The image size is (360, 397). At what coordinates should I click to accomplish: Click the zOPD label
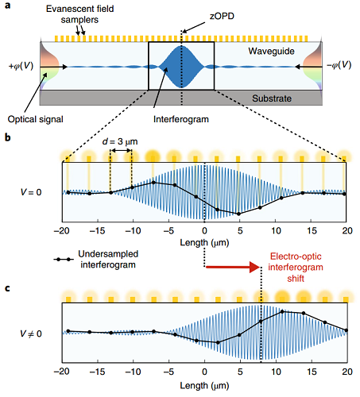(222, 17)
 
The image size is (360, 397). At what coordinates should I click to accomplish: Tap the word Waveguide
(271, 51)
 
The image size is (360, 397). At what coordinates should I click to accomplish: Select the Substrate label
(272, 98)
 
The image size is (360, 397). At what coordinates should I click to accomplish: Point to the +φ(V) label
(21, 66)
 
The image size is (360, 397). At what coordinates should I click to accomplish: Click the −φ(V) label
(339, 65)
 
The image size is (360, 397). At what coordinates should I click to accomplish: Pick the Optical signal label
(36, 119)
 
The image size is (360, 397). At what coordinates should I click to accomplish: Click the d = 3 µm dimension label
(120, 141)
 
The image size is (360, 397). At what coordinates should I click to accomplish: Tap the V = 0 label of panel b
(31, 192)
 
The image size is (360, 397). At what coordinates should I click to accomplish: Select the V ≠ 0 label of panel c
(31, 333)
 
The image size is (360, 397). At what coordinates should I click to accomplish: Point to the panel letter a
(8, 6)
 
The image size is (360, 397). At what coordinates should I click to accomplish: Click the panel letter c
(7, 288)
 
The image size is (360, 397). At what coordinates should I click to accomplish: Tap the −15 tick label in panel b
(97, 231)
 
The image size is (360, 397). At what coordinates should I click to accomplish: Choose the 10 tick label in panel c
(276, 372)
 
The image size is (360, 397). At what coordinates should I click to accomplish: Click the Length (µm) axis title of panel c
(204, 386)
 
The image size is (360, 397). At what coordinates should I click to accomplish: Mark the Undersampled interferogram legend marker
(64, 260)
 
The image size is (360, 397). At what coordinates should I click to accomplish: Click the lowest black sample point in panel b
(238, 214)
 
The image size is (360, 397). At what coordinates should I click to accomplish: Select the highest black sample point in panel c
(282, 312)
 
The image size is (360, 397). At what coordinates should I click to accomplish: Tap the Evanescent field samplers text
(79, 14)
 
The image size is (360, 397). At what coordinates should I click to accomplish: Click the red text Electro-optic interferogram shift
(296, 268)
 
